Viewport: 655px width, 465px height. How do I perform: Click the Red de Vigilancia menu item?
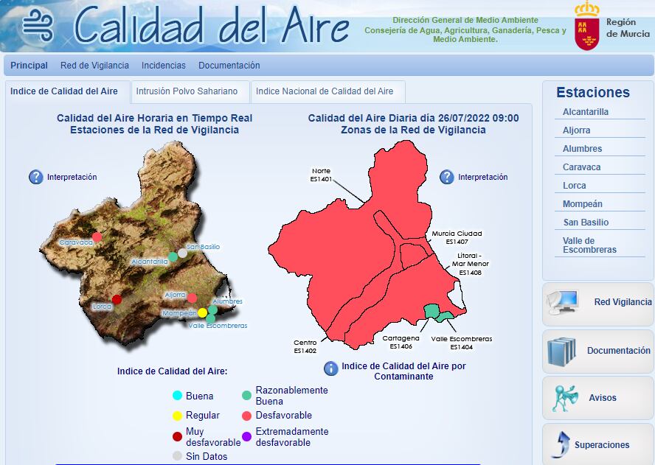pos(94,66)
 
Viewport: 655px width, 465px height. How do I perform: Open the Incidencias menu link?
pos(164,66)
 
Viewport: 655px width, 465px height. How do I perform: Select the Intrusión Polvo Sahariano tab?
pos(187,91)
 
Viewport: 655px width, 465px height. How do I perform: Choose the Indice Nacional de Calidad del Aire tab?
pos(325,91)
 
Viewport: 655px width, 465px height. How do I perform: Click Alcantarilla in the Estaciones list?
pos(586,112)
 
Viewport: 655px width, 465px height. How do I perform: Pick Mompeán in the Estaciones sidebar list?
pos(583,204)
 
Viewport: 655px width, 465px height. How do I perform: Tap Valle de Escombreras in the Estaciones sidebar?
pos(589,245)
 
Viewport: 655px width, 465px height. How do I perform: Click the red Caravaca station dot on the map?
pos(97,237)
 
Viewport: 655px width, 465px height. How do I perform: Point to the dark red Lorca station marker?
pos(117,299)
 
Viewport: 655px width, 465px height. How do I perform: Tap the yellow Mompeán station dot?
pos(202,312)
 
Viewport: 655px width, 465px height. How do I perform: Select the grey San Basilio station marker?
pos(182,253)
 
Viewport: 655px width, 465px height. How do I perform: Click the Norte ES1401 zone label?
pos(321,175)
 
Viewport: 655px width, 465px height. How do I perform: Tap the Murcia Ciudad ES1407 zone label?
pos(457,237)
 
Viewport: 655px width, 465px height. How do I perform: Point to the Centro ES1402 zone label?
pos(305,346)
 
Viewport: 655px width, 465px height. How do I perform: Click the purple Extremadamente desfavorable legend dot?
pos(247,436)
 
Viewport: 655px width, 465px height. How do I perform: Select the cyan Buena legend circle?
pos(177,396)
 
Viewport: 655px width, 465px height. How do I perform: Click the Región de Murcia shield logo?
pos(587,27)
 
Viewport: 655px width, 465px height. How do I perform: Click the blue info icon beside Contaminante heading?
pos(331,367)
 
